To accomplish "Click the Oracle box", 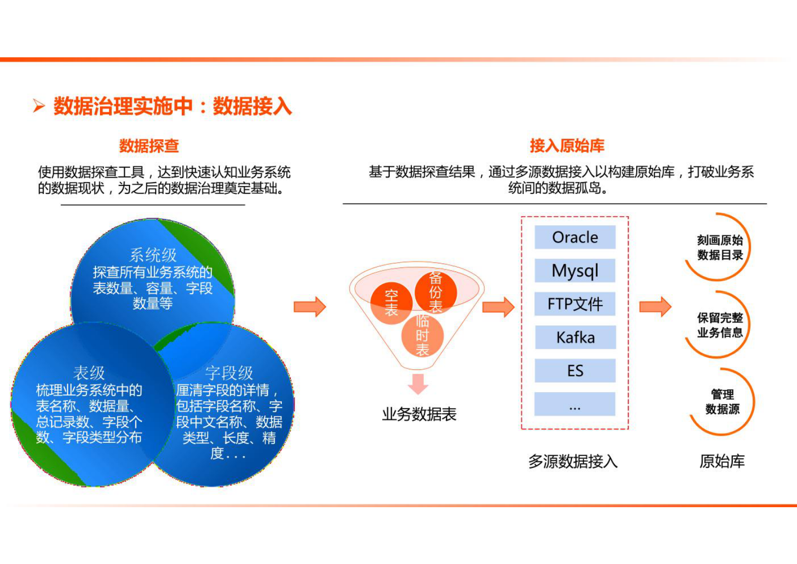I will [575, 237].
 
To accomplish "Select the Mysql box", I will [575, 271].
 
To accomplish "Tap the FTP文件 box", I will [575, 304].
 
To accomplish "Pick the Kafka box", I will [575, 337].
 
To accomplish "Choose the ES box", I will [575, 371].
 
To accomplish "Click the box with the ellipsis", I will [575, 404].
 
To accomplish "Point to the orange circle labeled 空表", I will [391, 303].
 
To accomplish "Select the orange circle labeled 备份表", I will [436, 292].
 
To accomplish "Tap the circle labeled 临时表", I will [422, 335].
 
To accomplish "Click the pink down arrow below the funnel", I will [418, 384].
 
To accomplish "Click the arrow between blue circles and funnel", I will [310, 307].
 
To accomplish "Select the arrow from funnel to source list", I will [498, 307].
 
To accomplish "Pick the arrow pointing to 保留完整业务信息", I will [655, 307].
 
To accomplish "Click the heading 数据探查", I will [149, 146].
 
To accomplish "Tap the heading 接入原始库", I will [566, 146].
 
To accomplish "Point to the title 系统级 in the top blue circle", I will [153, 255].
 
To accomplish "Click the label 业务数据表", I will [419, 415].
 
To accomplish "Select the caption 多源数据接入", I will [573, 461].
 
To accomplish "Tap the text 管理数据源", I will [722, 402].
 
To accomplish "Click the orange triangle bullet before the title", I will [39, 106].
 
